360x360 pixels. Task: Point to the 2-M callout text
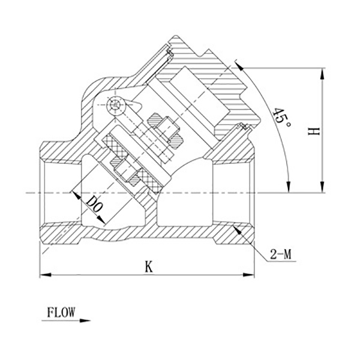tap(280, 254)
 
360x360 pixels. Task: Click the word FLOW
tap(61, 313)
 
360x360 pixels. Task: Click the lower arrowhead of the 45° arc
tap(288, 188)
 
